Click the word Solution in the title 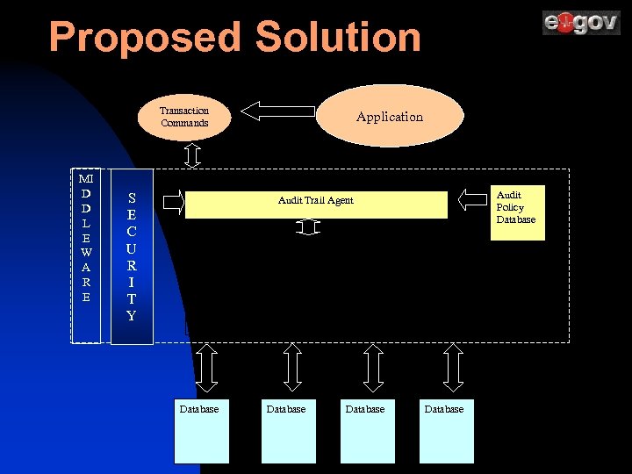338,39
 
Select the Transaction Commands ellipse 184,118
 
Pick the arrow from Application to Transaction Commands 277,111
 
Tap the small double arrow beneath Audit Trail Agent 306,228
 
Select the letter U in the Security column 132,248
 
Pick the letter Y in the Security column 132,316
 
